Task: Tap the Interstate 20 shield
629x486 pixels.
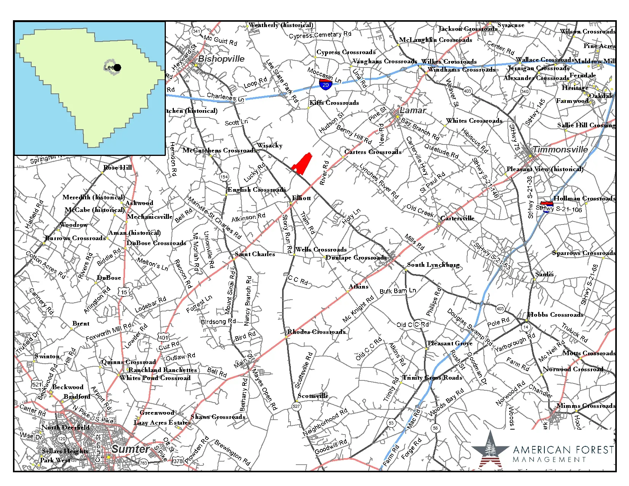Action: (325, 84)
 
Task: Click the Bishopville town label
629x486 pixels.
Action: (221, 59)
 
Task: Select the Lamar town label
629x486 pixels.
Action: (412, 111)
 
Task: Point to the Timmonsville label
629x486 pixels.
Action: (560, 149)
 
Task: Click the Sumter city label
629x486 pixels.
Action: (130, 449)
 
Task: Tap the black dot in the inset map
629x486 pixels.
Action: (117, 67)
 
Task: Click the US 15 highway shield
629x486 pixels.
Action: (125, 292)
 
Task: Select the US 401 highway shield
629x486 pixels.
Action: (163, 337)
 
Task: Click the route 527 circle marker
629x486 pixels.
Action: (297, 406)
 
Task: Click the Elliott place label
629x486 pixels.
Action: (301, 198)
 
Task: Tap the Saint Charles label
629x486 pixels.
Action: (255, 254)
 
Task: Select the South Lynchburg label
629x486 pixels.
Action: (433, 265)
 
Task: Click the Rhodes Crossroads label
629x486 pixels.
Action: (316, 332)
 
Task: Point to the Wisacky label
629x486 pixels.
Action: (270, 145)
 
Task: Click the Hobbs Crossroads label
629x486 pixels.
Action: (555, 315)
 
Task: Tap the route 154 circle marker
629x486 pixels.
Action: (224, 176)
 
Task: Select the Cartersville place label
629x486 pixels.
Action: (457, 218)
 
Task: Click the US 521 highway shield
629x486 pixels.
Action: (37, 385)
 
